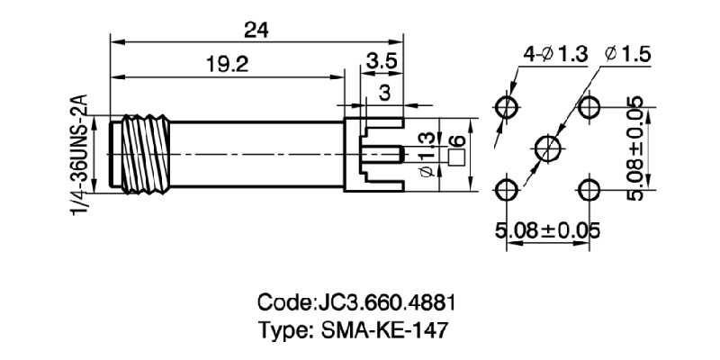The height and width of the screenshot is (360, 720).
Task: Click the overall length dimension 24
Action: point(256,29)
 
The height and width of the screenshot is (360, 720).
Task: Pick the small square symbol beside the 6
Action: point(456,157)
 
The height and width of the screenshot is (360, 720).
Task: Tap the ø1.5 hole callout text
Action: point(627,55)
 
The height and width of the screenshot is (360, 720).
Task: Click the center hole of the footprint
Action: point(548,148)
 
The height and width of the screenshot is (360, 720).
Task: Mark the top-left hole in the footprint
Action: point(507,108)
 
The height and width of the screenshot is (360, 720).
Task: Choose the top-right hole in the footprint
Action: point(589,108)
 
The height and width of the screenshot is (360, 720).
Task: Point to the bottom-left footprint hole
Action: point(507,189)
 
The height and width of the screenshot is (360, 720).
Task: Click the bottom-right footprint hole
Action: point(589,189)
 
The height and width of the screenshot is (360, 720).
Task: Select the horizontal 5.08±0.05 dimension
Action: point(547,230)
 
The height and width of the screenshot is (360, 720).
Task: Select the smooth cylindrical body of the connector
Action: point(252,154)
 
